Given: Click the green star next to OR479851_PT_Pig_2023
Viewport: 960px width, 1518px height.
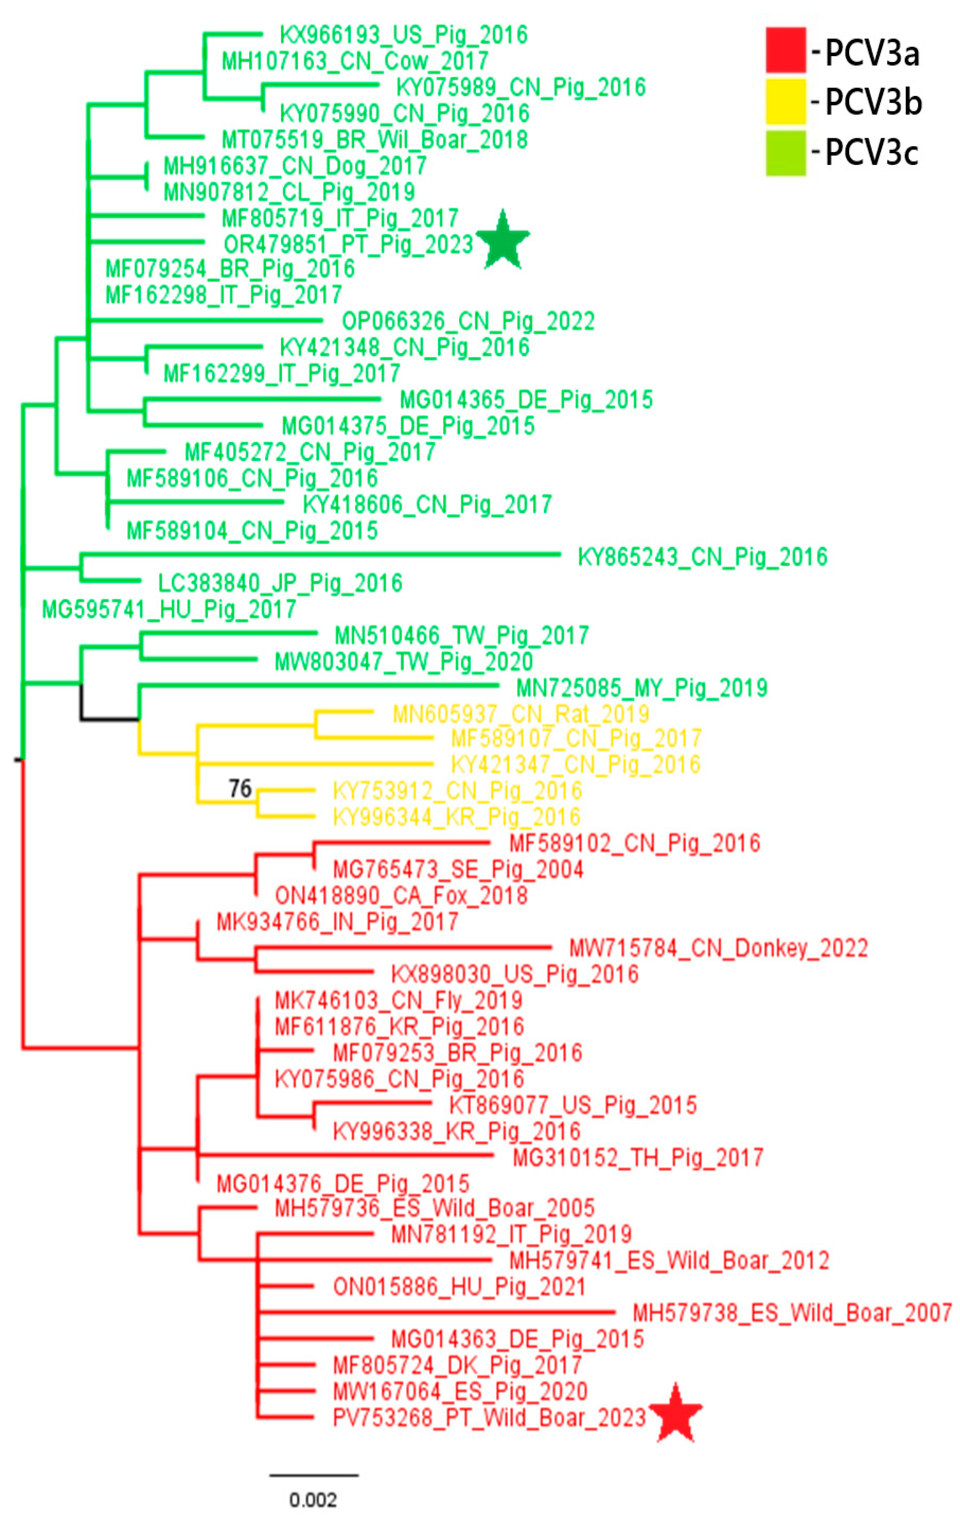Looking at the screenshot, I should tap(503, 242).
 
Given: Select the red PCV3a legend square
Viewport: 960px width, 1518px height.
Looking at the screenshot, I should tap(786, 50).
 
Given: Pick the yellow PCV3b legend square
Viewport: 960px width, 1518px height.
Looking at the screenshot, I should tap(786, 101).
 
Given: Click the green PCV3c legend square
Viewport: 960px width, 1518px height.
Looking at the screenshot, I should tap(786, 153).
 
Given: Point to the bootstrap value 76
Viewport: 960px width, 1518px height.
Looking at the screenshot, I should tap(240, 788).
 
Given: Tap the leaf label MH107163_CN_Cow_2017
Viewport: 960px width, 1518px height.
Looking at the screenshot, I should tap(355, 61).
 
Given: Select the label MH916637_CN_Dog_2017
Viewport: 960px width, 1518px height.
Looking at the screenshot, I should tap(295, 166).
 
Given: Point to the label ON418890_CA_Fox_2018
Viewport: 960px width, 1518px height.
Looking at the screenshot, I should tap(401, 895).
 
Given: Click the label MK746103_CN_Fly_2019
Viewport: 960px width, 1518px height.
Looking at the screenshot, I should tap(399, 1001).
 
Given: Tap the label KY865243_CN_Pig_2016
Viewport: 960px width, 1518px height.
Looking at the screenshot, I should tap(702, 557).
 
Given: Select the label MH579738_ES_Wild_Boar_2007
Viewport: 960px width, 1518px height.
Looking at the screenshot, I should tap(792, 1313).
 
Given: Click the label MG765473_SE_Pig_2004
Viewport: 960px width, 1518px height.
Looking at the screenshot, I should tap(457, 869).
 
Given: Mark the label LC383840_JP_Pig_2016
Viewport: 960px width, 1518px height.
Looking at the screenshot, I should tap(280, 583).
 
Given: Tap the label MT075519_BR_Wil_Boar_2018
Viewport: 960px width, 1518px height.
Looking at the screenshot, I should tap(374, 139).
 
